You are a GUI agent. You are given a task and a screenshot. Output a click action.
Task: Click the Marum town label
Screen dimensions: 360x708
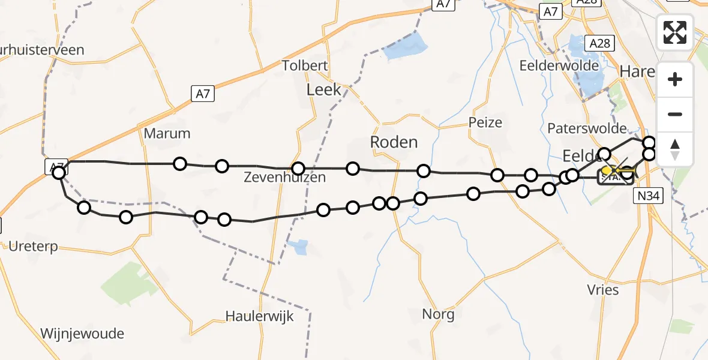pyautogui.click(x=167, y=133)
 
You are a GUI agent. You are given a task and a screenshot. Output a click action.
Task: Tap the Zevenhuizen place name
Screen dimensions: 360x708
pyautogui.click(x=285, y=177)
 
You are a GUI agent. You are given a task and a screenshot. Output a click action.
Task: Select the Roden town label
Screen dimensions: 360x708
pyautogui.click(x=394, y=142)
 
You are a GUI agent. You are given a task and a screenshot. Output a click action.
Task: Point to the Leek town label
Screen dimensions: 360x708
pyautogui.click(x=323, y=90)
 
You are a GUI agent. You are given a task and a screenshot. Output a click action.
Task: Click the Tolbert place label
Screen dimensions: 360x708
pyautogui.click(x=305, y=65)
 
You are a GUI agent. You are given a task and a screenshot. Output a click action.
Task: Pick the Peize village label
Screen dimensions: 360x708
pyautogui.click(x=485, y=122)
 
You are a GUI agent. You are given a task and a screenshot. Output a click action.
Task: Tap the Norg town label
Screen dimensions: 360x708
pyautogui.click(x=438, y=314)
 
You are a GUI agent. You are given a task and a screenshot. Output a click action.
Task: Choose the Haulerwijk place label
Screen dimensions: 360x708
pyautogui.click(x=260, y=316)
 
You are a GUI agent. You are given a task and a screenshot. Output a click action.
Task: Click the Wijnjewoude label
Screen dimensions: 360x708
pyautogui.click(x=82, y=334)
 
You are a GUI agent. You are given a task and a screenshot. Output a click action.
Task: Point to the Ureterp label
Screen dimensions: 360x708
pyautogui.click(x=35, y=245)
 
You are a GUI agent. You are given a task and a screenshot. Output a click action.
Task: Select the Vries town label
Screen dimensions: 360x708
pyautogui.click(x=602, y=290)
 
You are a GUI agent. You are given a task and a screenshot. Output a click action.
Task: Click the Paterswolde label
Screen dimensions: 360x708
pyautogui.click(x=587, y=128)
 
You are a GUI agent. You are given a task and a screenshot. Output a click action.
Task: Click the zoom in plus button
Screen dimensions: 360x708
pyautogui.click(x=675, y=80)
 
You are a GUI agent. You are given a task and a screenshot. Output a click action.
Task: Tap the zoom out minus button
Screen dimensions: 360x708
pyautogui.click(x=675, y=114)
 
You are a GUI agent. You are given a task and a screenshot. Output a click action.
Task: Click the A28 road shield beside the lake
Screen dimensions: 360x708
pyautogui.click(x=599, y=43)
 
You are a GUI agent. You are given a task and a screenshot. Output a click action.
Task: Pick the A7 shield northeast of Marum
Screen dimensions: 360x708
pyautogui.click(x=203, y=94)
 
